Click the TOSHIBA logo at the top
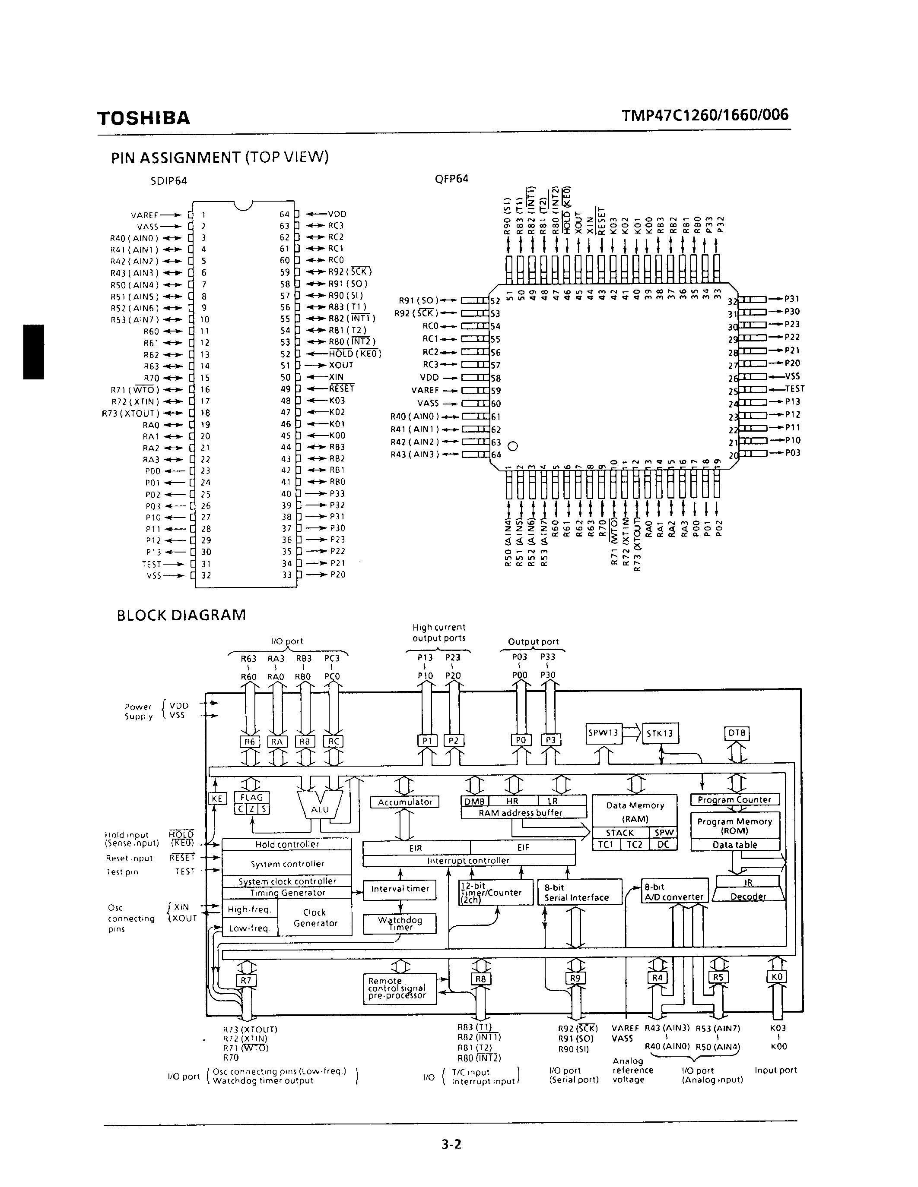[x=143, y=118]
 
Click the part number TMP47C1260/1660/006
[x=705, y=115]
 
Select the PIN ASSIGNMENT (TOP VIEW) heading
[x=220, y=158]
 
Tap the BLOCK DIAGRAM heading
[x=181, y=615]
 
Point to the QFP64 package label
[x=451, y=179]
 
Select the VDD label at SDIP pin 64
[x=337, y=214]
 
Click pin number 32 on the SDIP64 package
[x=206, y=575]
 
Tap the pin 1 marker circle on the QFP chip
[x=512, y=446]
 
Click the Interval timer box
[x=400, y=889]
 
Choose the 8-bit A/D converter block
[x=674, y=892]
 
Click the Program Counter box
[x=734, y=799]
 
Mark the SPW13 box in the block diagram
[x=603, y=732]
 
